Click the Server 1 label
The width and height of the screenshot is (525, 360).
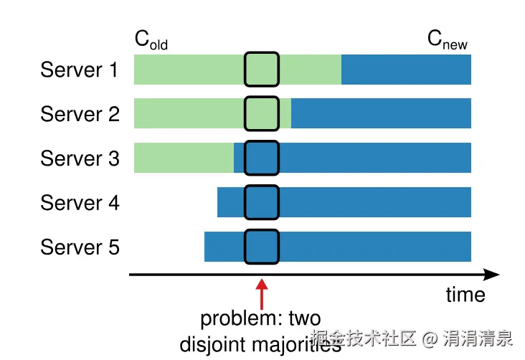click(x=80, y=70)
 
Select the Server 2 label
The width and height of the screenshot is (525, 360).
click(x=80, y=115)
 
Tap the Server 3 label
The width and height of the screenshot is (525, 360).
click(x=80, y=158)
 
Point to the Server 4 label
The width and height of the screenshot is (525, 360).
click(x=80, y=203)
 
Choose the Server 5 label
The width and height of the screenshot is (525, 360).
click(x=80, y=247)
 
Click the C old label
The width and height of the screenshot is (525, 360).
click(x=151, y=40)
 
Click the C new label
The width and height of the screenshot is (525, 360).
click(x=448, y=40)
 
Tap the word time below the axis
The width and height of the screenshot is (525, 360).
click(x=465, y=295)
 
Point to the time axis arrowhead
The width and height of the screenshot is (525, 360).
click(x=492, y=274)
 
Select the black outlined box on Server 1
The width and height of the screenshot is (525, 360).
click(x=261, y=70)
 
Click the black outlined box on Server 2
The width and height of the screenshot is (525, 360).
click(x=261, y=114)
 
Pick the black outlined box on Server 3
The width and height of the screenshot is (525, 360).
click(x=261, y=158)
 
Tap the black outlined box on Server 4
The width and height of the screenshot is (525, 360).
click(x=261, y=203)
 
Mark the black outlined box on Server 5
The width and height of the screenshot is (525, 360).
click(x=261, y=247)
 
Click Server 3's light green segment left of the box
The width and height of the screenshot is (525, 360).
click(x=184, y=158)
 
